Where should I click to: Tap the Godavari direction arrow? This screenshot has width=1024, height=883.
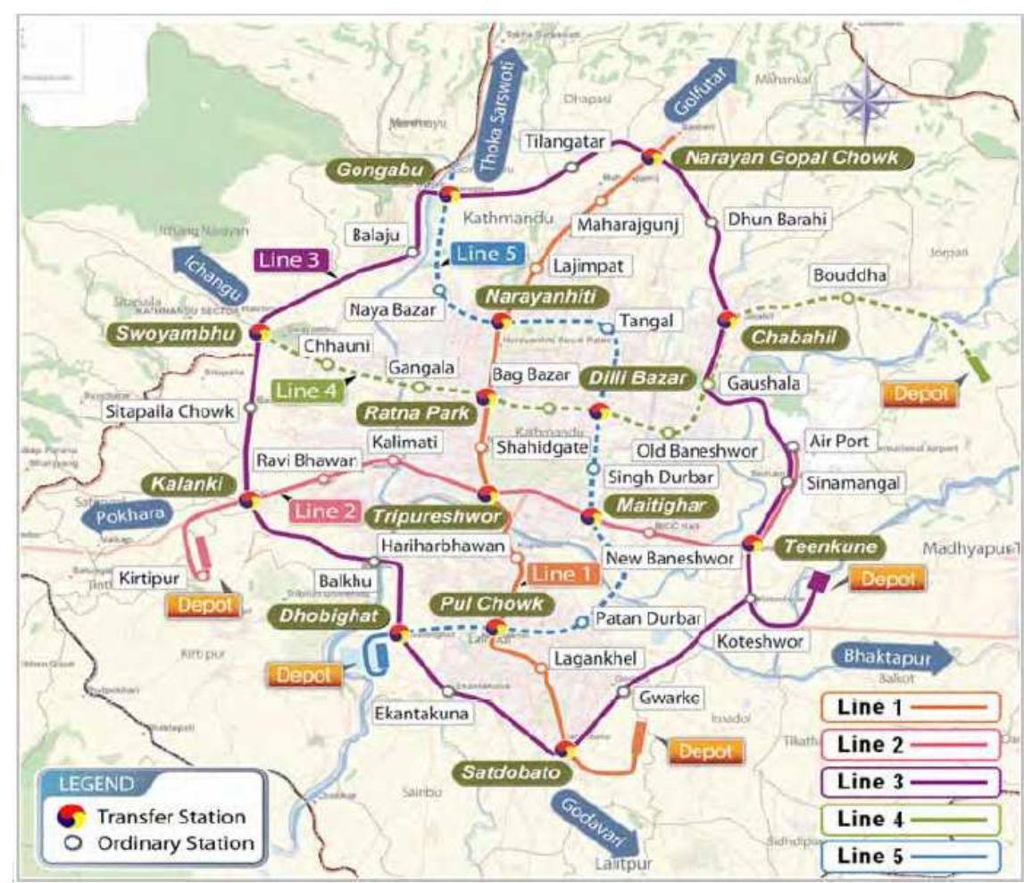(595, 820)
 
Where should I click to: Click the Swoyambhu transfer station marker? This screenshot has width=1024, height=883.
(260, 333)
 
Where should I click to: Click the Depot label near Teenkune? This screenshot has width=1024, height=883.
(887, 579)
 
